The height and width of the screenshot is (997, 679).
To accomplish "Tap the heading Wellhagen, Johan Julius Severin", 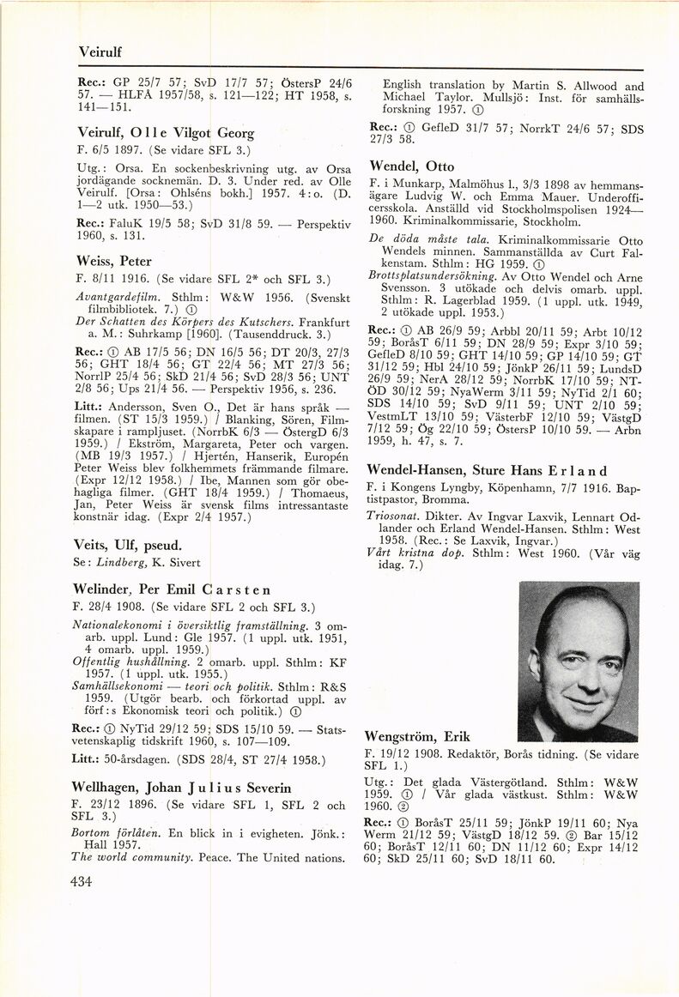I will [182, 787].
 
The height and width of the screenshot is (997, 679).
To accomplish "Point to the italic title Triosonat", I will [393, 517].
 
